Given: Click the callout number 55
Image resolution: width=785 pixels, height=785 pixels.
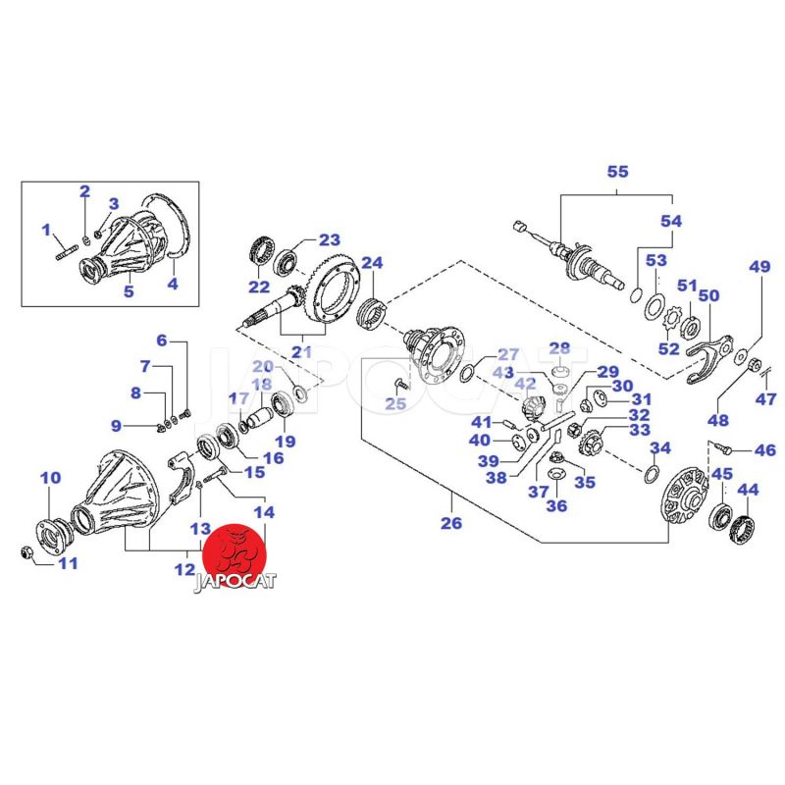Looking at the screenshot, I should (x=617, y=172).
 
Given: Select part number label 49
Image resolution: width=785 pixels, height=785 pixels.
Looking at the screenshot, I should (x=760, y=267).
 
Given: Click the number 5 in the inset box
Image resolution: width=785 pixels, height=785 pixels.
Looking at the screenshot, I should (x=128, y=290).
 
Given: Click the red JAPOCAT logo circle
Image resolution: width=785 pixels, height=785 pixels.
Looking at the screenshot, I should (x=236, y=555).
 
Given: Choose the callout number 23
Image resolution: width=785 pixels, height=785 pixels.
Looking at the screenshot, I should (x=328, y=239).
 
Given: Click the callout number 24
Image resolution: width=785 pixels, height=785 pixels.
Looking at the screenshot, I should (x=372, y=263).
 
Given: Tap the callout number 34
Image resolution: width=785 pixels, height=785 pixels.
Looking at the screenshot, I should (x=660, y=448).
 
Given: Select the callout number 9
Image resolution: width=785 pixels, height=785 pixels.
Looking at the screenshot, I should (x=116, y=426).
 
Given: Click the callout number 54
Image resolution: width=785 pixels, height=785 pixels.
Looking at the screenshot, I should (x=670, y=222).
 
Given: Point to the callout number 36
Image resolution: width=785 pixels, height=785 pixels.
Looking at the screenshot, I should (x=556, y=506).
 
